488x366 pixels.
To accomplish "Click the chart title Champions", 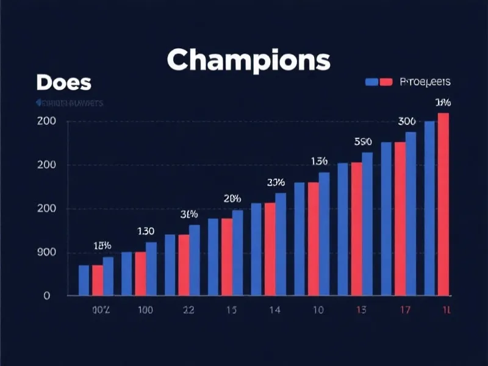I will (x=248, y=60).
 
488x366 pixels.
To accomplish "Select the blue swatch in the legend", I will (x=371, y=82).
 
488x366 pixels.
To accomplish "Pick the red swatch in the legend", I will (x=386, y=82).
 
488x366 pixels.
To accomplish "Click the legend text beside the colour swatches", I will (x=425, y=82).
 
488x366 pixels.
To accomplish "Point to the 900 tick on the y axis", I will (x=48, y=253).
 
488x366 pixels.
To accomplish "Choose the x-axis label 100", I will (x=145, y=310).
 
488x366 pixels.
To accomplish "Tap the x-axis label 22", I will (x=188, y=310).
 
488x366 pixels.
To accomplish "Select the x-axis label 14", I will (x=274, y=310).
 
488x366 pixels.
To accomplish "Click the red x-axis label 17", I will (x=404, y=310).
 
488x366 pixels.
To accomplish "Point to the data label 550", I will (x=363, y=142).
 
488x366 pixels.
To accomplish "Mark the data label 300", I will (x=407, y=121).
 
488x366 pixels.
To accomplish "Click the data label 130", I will (x=145, y=231).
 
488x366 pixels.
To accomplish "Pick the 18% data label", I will (x=102, y=246).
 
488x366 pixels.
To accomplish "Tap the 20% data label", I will (x=232, y=198).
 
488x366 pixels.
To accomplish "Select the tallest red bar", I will (x=443, y=204).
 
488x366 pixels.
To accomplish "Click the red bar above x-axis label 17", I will (x=400, y=219).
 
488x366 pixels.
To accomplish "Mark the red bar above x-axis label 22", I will (x=184, y=265).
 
